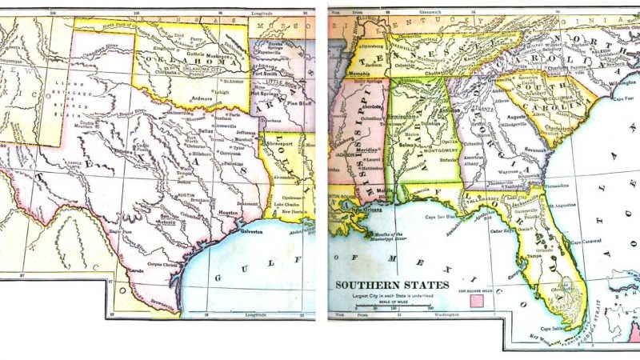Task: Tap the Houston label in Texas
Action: [230, 214]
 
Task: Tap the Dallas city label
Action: [206, 130]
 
